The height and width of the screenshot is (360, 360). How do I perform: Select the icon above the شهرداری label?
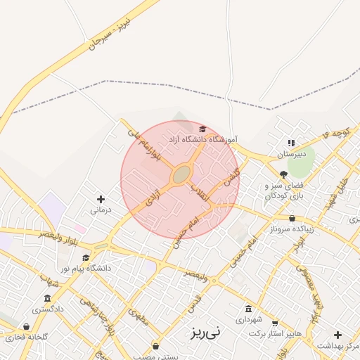click(248, 309)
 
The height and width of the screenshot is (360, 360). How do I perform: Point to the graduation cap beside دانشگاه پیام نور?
click(86, 258)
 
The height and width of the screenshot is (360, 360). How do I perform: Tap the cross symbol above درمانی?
click(101, 199)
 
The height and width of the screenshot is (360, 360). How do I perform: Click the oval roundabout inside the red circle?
click(181, 173)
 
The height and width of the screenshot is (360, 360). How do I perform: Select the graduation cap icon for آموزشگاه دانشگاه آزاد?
click(202, 129)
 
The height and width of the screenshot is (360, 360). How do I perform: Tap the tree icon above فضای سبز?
click(283, 174)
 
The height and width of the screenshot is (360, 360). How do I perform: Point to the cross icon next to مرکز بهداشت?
click(338, 335)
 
